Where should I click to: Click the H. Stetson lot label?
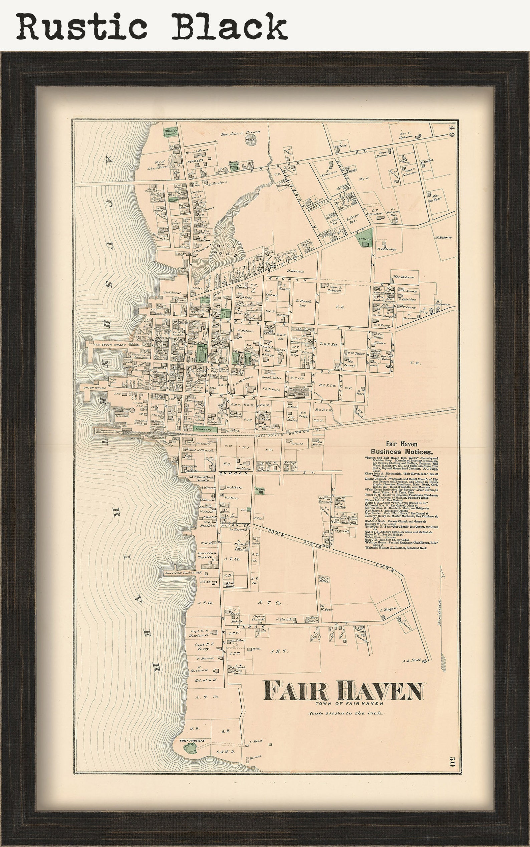295,271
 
